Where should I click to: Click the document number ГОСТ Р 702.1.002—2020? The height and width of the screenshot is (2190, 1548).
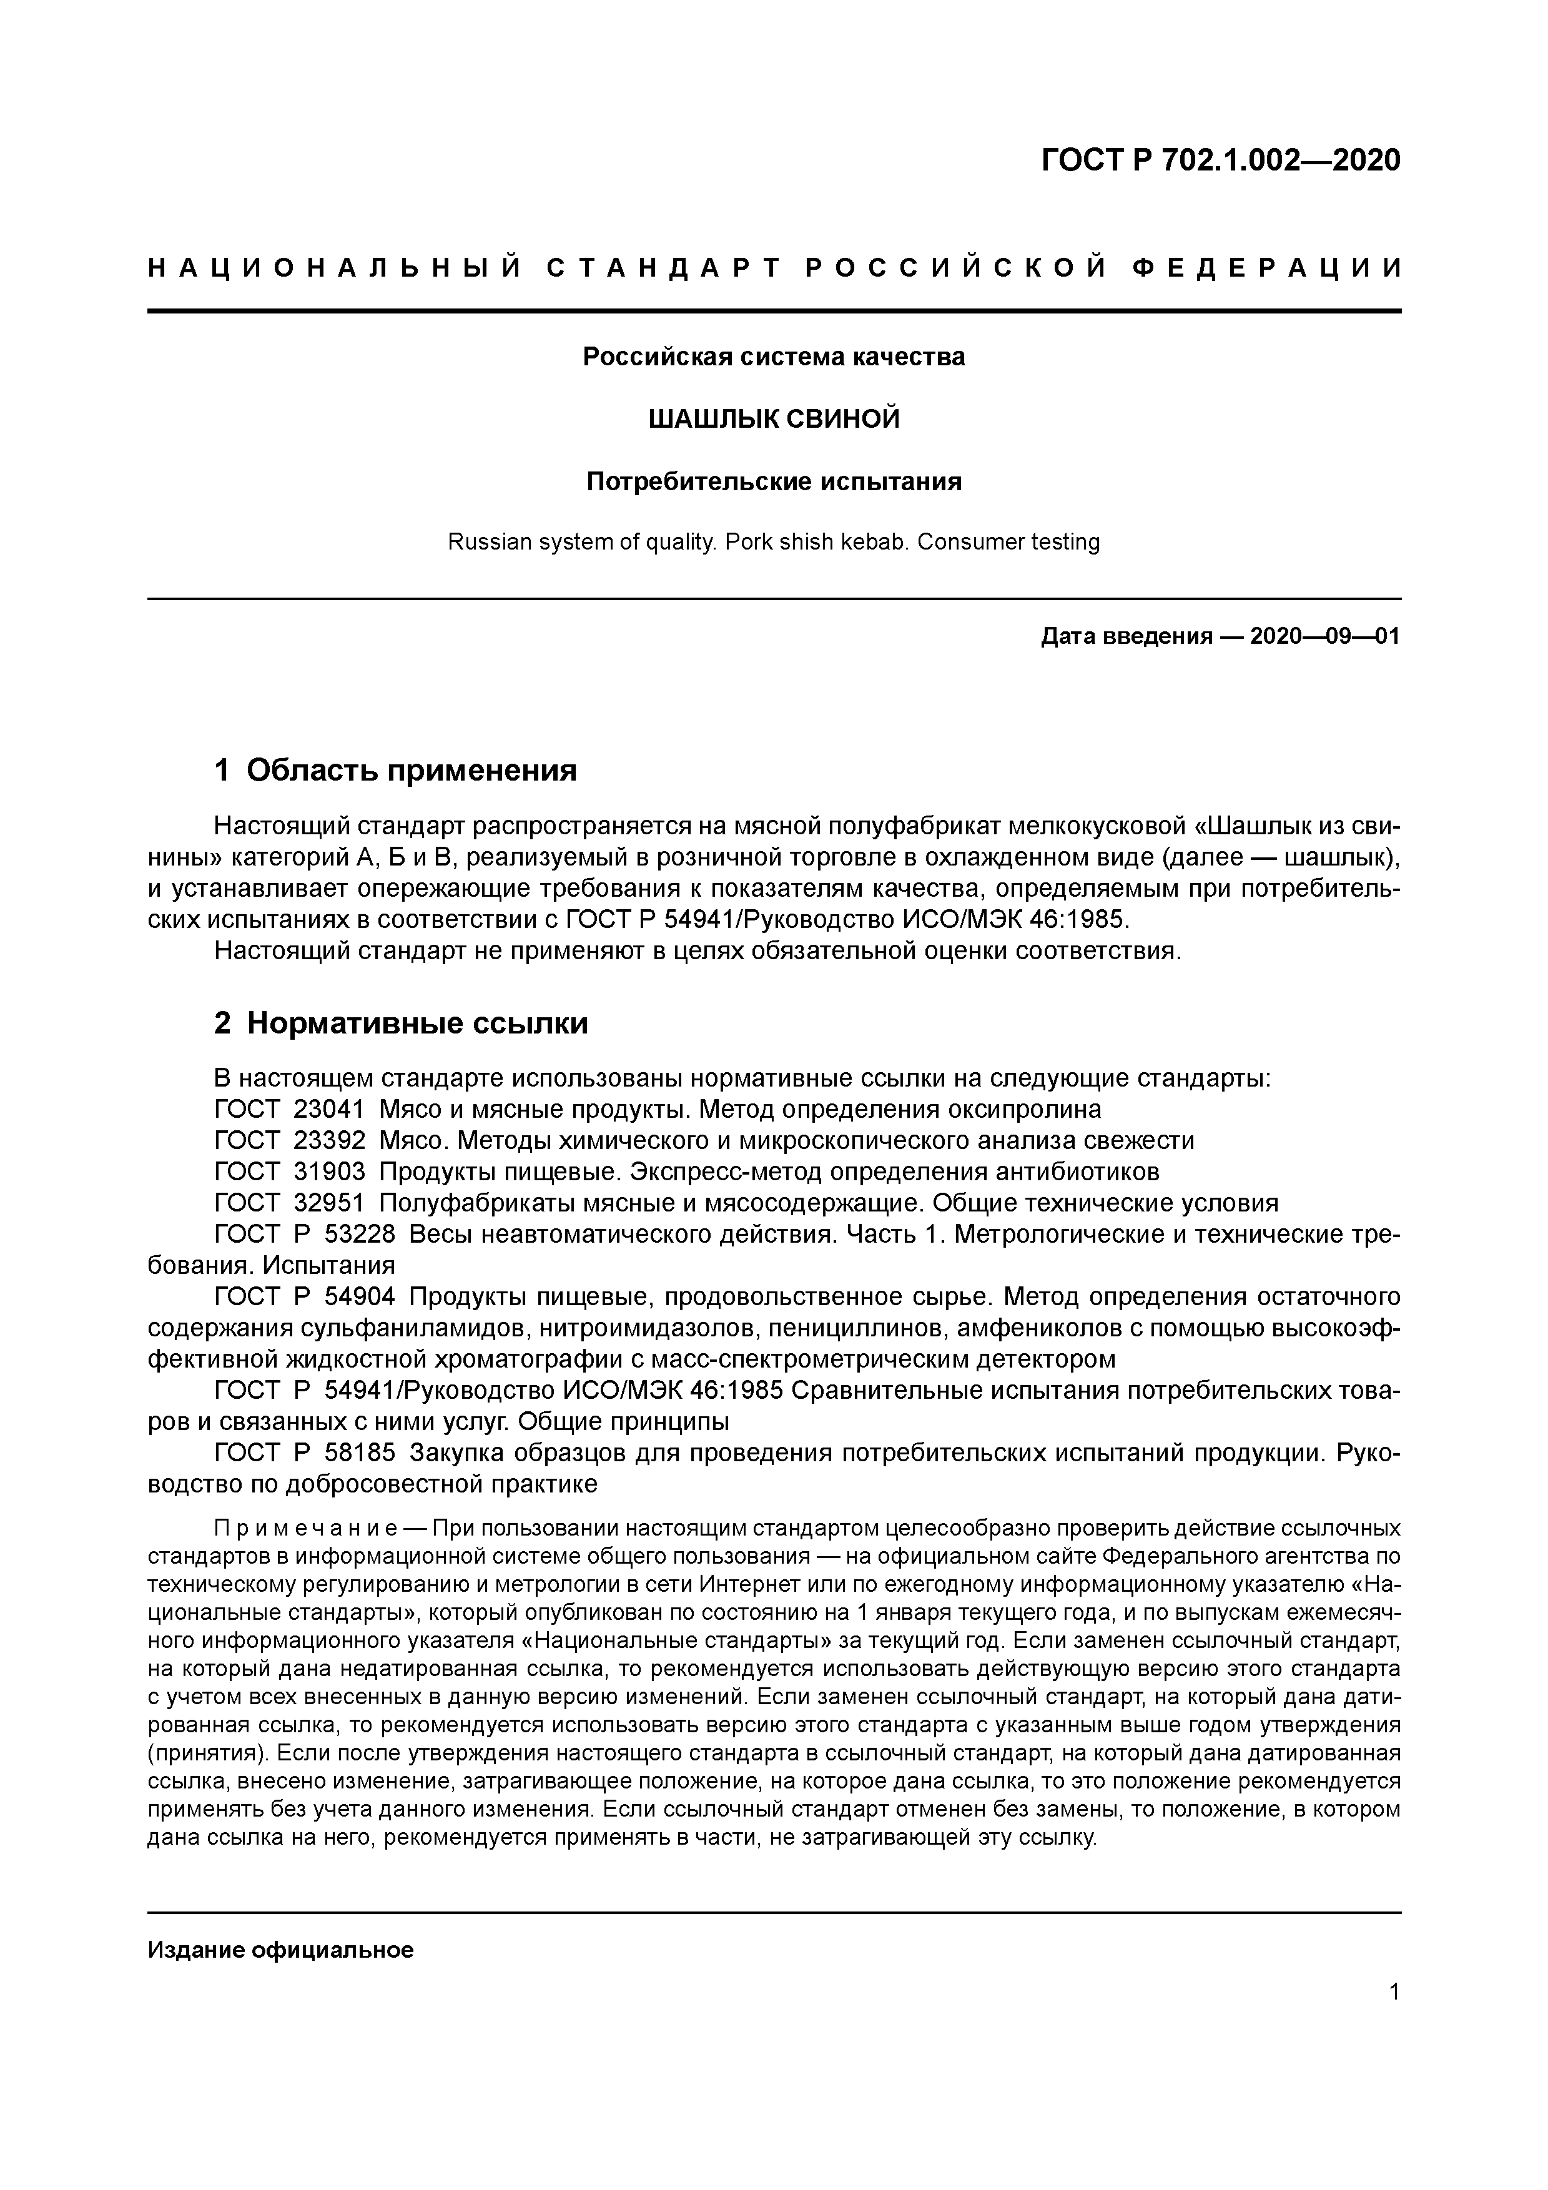click(x=1221, y=160)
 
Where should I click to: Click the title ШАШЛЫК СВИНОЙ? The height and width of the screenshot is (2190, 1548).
click(x=774, y=419)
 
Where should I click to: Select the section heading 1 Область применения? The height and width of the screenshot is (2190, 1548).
click(x=396, y=770)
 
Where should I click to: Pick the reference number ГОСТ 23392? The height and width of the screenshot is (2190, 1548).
click(x=290, y=1141)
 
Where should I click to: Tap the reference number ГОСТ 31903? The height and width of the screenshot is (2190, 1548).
click(x=290, y=1171)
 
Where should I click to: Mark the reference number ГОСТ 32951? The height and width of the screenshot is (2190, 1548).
click(x=290, y=1203)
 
